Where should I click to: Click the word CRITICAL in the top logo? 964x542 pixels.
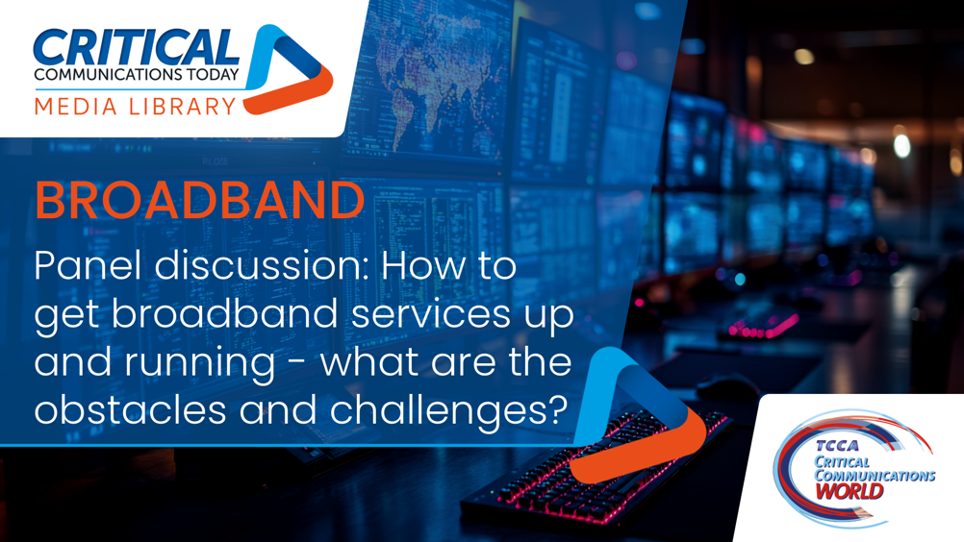[x=136, y=47]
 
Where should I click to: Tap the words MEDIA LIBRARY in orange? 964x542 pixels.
[x=136, y=107]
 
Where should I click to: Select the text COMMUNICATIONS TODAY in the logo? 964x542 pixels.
[x=136, y=74]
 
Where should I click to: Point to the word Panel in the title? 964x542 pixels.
[x=89, y=265]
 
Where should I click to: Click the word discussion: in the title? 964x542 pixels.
[x=262, y=265]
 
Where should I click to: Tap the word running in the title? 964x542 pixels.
[x=200, y=364]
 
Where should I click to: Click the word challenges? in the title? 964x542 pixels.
[x=448, y=410]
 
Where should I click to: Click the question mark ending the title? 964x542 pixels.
[x=557, y=408]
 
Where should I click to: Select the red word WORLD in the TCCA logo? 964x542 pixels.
[x=850, y=492]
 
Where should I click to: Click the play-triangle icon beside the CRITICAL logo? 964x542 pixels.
[x=288, y=69]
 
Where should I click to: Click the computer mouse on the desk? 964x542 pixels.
[x=728, y=386]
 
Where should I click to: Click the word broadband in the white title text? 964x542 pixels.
[x=225, y=313]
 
